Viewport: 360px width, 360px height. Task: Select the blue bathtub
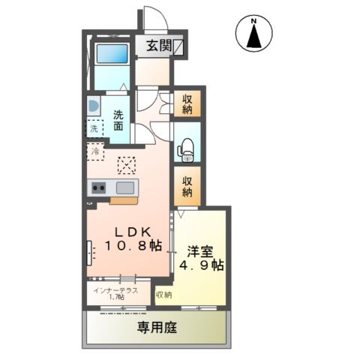(x=111, y=55)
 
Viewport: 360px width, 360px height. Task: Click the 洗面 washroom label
(x=120, y=121)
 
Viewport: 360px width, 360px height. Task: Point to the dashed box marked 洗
(x=94, y=129)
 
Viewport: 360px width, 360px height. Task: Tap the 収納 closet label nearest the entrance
(x=187, y=104)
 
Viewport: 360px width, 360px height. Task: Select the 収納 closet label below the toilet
(x=187, y=186)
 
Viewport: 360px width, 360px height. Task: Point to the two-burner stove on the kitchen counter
(x=100, y=187)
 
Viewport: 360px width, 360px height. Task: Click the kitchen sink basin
(x=124, y=187)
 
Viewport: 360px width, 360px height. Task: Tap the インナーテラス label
(x=115, y=289)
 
